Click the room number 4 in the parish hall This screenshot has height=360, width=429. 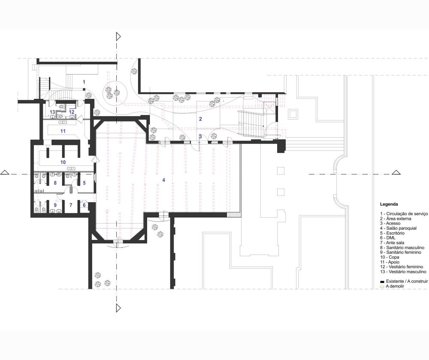click(x=163, y=180)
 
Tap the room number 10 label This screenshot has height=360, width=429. click(x=63, y=162)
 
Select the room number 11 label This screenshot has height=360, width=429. click(x=63, y=131)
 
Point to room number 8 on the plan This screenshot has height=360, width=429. click(x=55, y=183)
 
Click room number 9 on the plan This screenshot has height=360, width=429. click(x=55, y=205)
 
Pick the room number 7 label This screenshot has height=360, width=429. click(x=71, y=205)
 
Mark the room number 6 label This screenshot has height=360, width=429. click(x=84, y=205)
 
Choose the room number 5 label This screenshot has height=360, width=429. click(x=84, y=183)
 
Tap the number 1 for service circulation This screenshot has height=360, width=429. click(x=84, y=82)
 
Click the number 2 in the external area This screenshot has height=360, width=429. click(x=200, y=119)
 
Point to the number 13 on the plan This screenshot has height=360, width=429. click(x=52, y=112)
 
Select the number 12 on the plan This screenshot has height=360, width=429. click(x=72, y=112)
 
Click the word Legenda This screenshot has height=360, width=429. click(x=389, y=204)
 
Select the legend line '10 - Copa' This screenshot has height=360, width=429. click(x=390, y=257)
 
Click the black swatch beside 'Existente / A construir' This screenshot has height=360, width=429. click(x=382, y=282)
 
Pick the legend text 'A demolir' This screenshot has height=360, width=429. click(x=395, y=286)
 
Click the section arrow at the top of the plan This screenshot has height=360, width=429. click(x=118, y=36)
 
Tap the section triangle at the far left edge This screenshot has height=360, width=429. click(x=5, y=172)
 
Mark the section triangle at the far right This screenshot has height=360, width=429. click(x=396, y=172)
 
